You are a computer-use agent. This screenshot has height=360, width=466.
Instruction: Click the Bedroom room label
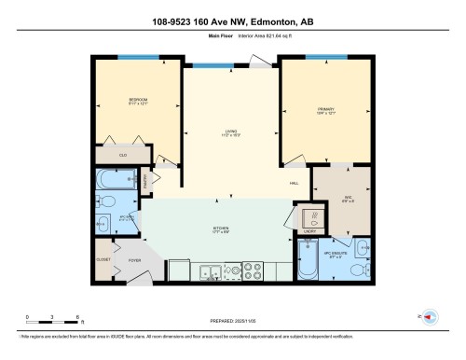tap(139, 100)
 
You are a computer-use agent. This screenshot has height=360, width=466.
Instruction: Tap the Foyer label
tap(134, 261)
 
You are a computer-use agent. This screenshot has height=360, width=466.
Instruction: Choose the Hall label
tap(294, 183)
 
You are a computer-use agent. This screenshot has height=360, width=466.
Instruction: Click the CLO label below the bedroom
tap(123, 155)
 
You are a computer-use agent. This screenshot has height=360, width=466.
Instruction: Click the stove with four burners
tap(254, 272)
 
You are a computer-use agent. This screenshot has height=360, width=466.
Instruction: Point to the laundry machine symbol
tap(314, 217)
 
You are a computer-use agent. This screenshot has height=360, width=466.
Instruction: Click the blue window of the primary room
tap(320, 57)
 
